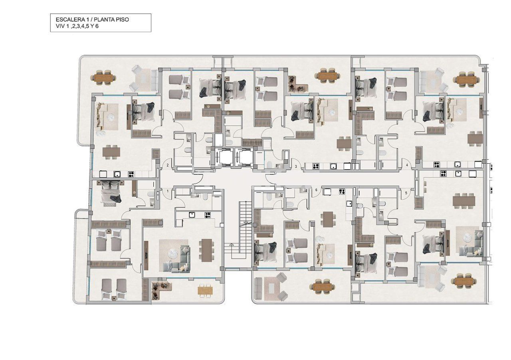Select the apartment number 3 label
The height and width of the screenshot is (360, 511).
(296, 166)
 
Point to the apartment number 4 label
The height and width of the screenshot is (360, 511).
(407, 165)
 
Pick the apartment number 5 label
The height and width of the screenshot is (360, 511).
(406, 193)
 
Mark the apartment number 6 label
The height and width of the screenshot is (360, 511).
(316, 190)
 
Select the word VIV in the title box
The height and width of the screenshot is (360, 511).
(60, 26)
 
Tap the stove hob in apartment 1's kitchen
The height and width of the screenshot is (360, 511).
(208, 215)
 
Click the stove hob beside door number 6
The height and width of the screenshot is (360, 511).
(342, 191)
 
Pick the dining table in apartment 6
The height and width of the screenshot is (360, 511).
(328, 219)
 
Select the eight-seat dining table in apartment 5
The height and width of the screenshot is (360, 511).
(463, 200)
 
